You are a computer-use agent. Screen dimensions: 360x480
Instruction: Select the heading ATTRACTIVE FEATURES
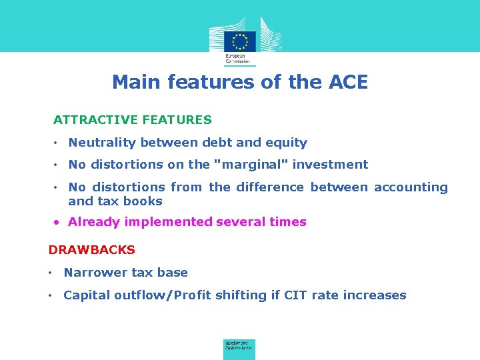coord(133,120)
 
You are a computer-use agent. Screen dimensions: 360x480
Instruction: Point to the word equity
coord(287,143)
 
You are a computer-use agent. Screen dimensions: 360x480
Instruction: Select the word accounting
coord(411,187)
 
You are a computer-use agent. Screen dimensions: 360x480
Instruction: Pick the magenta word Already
coord(94,222)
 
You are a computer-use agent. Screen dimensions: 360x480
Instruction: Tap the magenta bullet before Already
coord(58,222)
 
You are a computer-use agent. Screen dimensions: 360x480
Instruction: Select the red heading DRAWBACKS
coord(92,250)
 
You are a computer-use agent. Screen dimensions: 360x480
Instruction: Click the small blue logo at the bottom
coord(239,349)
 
